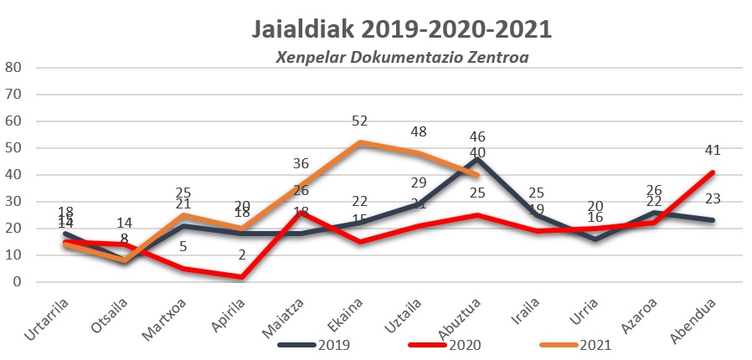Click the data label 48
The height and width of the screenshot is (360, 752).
[419, 131]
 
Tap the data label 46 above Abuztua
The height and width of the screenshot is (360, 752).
[478, 136]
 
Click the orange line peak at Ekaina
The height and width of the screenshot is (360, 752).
[359, 142]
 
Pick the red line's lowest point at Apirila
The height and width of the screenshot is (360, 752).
[241, 276]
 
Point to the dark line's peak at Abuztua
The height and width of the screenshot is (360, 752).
[478, 158]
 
